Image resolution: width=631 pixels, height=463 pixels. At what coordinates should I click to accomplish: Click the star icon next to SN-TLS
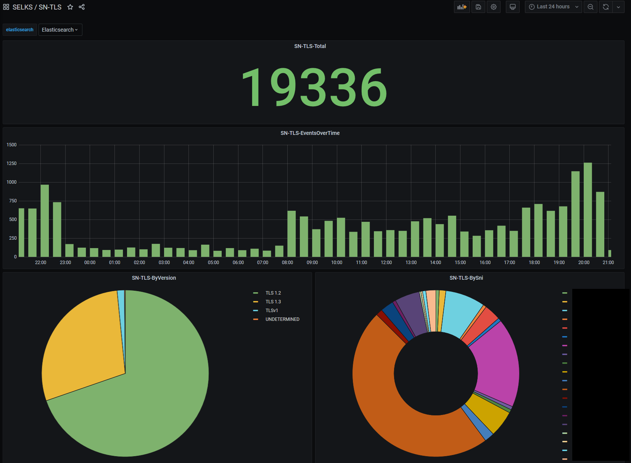70,7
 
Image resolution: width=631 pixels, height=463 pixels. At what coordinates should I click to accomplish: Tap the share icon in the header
82,7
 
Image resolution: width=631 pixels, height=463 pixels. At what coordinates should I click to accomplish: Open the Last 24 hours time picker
553,7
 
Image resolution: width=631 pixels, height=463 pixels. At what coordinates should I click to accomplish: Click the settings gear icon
494,7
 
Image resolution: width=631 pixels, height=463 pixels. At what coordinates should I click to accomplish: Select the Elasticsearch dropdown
60,30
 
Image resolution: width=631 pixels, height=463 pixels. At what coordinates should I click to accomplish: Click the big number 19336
314,87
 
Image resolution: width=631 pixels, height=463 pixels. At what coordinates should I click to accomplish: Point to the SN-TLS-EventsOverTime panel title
310,133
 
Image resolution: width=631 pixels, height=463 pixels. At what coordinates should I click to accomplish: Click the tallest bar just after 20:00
588,210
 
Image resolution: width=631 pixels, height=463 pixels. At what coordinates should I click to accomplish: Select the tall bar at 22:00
45,221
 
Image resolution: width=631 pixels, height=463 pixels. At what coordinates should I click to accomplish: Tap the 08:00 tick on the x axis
287,263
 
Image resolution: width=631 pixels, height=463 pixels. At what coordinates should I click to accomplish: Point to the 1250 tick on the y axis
12,163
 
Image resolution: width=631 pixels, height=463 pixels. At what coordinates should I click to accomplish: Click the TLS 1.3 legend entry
273,302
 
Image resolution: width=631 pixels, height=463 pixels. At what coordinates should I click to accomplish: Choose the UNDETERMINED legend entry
282,319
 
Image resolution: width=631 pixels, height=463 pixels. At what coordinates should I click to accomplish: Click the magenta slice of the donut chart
496,362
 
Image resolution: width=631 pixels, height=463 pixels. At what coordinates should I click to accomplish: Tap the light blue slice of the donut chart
462,312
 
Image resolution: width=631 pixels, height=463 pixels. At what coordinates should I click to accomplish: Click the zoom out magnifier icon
590,7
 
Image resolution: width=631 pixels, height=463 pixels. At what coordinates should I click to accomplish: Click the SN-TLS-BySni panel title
466,278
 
